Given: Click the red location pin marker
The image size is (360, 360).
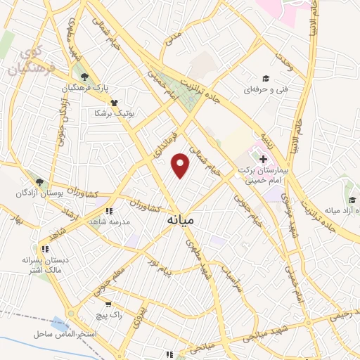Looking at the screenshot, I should point(181,165).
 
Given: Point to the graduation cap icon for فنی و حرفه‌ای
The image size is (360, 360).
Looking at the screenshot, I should point(266,78).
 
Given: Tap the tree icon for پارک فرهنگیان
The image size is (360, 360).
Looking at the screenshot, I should point(85,77).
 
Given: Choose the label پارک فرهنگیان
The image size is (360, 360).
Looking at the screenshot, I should point(85,89).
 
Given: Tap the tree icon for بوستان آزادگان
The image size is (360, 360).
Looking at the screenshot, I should point(40,182).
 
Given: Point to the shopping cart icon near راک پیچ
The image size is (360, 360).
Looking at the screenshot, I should point(108,304).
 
